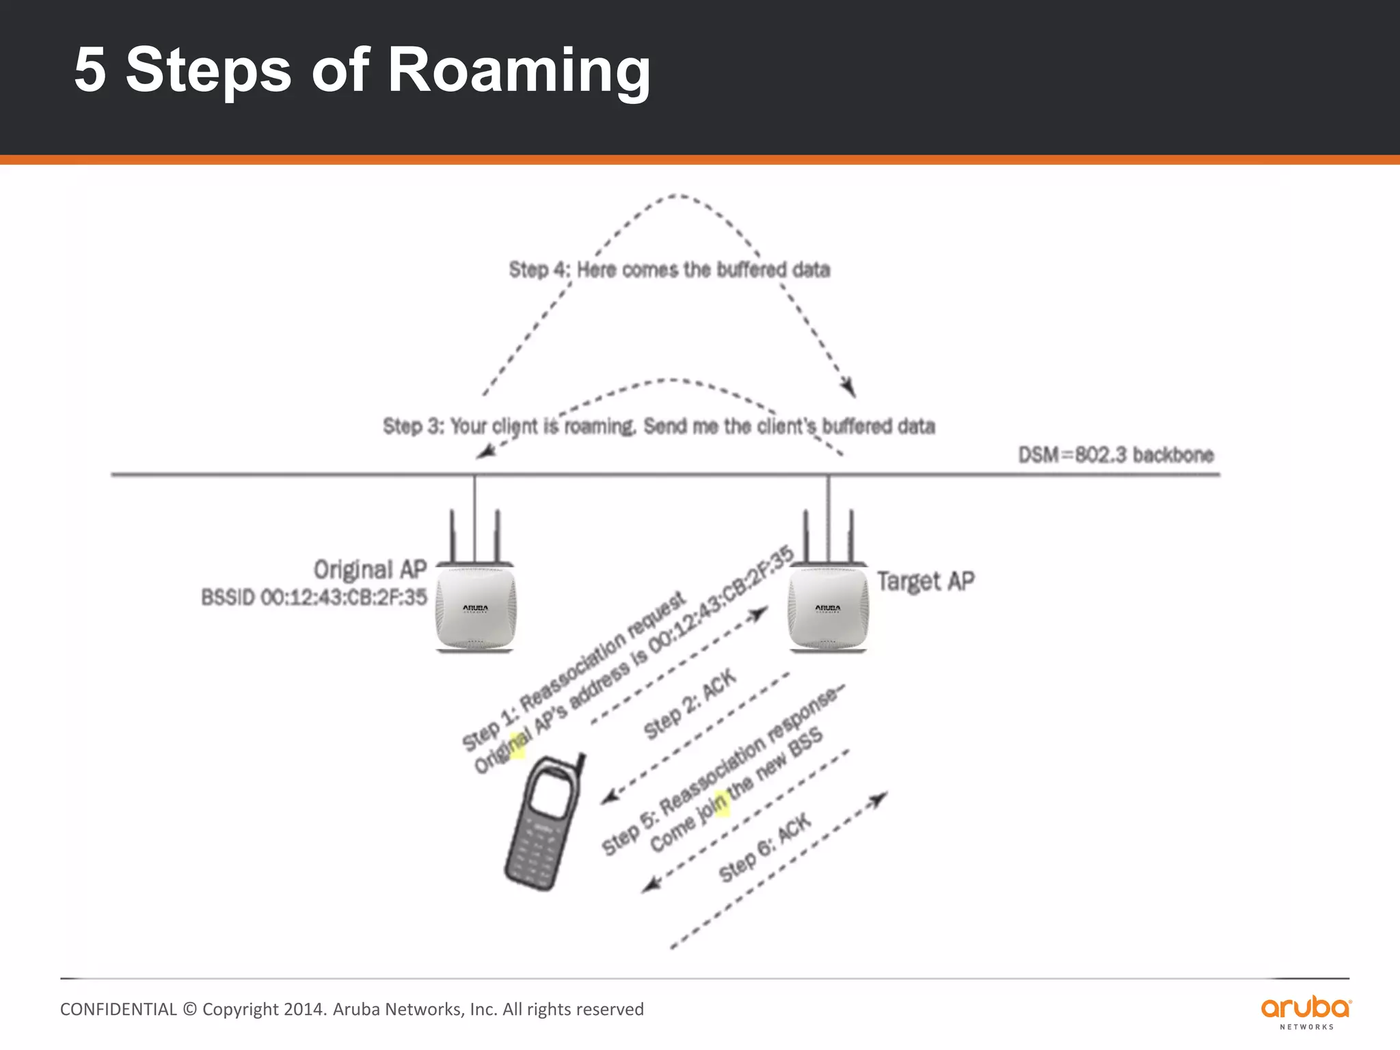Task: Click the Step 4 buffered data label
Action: coord(669,270)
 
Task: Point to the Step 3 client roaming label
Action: coord(658,427)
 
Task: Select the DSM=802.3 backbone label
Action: coord(1116,455)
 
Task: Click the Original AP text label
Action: coord(370,569)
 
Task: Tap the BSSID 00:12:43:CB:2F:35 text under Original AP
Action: coord(314,597)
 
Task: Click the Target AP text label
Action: coord(926,582)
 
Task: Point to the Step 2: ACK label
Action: coord(690,704)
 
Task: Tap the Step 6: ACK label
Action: coord(765,848)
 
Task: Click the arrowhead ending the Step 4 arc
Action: coord(850,389)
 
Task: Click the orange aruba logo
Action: coord(1306,1009)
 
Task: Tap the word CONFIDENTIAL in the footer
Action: coord(118,1010)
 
